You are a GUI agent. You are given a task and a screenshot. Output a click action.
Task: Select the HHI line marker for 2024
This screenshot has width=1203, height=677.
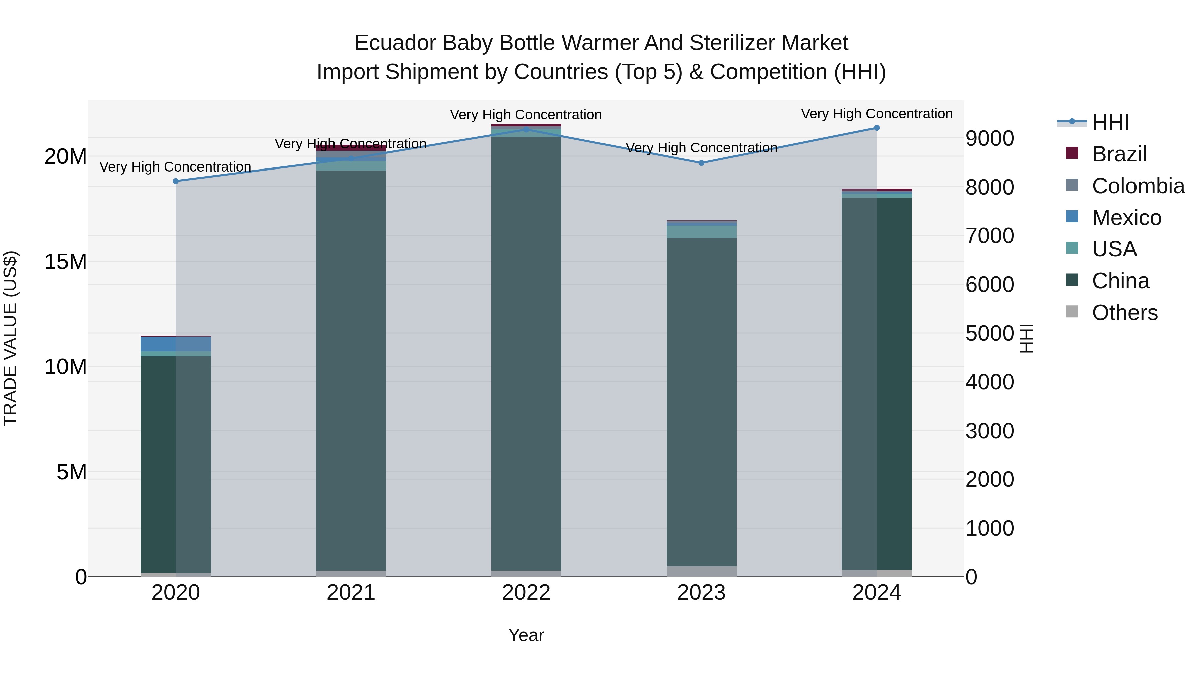pos(877,128)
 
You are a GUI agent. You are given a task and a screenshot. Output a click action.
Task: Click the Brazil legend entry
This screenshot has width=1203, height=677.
pos(1119,154)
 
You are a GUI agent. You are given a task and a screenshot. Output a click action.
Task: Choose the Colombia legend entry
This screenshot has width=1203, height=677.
pos(1138,186)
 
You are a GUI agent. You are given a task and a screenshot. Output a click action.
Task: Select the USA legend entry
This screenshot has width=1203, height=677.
pos(1114,249)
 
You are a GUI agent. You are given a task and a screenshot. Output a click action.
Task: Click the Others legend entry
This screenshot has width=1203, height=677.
pos(1124,313)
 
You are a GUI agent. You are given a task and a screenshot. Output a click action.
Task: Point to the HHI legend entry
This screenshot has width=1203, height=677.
pos(1110,122)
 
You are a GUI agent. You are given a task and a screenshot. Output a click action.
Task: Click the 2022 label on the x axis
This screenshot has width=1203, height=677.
pos(526,593)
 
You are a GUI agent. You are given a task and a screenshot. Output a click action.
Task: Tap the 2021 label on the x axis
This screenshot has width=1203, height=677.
pos(351,593)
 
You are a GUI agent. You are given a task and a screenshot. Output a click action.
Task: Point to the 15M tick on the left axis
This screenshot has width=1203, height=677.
pos(65,262)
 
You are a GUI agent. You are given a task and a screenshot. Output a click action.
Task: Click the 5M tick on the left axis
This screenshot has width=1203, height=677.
pos(72,472)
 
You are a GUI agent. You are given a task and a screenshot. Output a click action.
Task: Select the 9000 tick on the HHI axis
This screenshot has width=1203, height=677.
pos(989,138)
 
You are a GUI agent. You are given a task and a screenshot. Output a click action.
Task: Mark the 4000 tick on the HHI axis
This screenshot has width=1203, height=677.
pos(989,382)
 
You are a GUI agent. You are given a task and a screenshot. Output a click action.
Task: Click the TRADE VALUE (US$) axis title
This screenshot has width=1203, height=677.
pos(10,338)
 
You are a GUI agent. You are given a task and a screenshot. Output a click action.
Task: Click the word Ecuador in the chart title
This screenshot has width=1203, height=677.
pos(396,43)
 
